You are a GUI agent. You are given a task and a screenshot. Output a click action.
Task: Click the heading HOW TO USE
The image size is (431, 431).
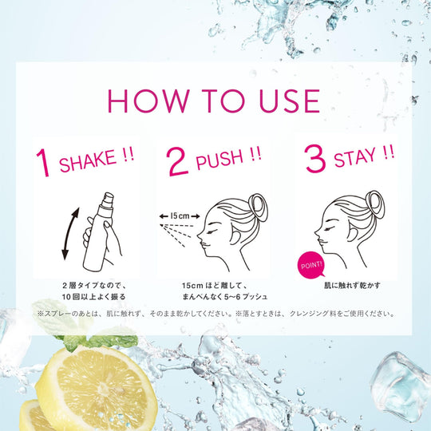[215, 101]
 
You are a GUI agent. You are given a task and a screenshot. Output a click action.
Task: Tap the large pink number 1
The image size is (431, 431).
[43, 161]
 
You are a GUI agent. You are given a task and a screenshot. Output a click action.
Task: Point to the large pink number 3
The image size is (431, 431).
[315, 160]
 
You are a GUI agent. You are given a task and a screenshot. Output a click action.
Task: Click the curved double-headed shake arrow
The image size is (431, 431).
[69, 232]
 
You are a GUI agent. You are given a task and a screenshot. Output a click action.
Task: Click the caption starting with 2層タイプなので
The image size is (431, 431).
[94, 284]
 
